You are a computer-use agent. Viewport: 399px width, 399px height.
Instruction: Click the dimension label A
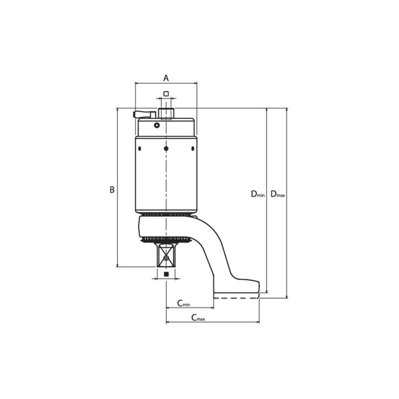166,78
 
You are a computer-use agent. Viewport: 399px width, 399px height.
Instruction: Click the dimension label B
112,190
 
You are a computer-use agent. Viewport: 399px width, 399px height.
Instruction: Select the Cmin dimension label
183,303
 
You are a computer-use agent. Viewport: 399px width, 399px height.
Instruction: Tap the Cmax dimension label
198,318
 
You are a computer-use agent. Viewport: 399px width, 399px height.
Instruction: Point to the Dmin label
258,194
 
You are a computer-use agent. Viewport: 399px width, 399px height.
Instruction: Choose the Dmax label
278,194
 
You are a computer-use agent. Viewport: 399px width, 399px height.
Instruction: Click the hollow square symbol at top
166,94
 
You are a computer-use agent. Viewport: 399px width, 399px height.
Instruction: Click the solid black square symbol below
166,274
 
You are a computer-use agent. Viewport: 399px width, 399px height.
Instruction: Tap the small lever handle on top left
144,114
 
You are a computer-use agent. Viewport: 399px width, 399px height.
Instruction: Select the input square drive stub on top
166,113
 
